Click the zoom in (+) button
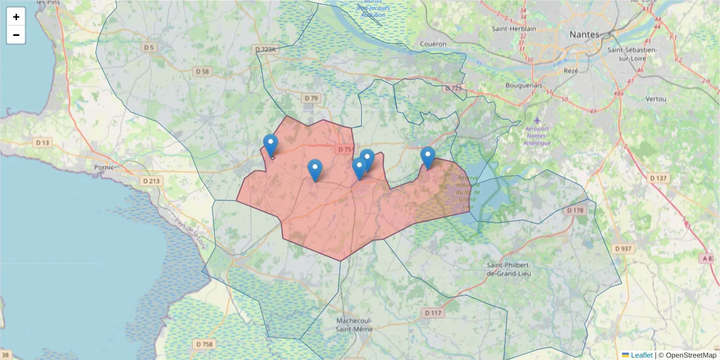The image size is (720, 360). [x=16, y=17]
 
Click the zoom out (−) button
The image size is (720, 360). [x=16, y=35]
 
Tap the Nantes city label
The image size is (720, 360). [x=584, y=34]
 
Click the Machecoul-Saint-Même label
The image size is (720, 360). [x=354, y=325]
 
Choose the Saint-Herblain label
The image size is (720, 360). [x=513, y=28]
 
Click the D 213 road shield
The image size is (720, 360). [x=152, y=181]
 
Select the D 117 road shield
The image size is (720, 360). [x=433, y=313]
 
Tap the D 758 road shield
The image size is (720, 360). [x=205, y=344]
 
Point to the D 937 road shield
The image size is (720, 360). [x=623, y=248]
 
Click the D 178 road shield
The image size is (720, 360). [x=575, y=211]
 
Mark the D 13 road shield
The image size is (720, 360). [x=43, y=143]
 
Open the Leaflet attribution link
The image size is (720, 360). [x=641, y=355]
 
